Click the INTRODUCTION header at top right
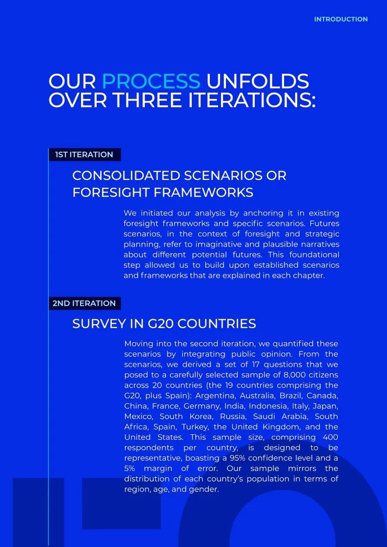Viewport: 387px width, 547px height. pyautogui.click(x=341, y=20)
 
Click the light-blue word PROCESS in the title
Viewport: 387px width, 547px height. pyautogui.click(x=151, y=81)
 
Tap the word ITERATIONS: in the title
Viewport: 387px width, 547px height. pyautogui.click(x=252, y=100)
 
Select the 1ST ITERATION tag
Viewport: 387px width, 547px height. pyautogui.click(x=84, y=155)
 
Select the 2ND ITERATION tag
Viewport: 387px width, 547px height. pyautogui.click(x=84, y=303)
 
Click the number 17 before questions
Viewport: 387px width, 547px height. pyautogui.click(x=257, y=365)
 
